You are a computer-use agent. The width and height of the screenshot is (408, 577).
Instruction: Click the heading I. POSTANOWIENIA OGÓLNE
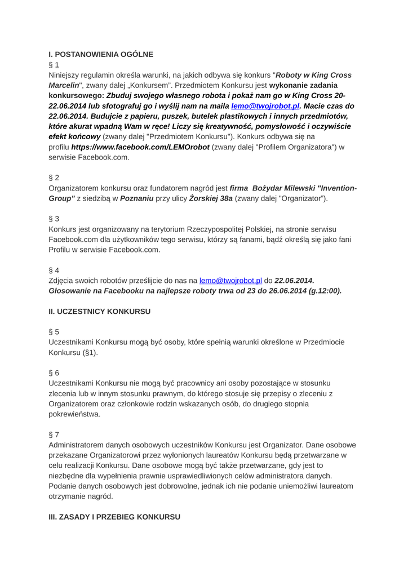(x=101, y=54)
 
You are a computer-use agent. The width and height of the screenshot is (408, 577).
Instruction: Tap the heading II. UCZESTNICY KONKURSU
(x=100, y=310)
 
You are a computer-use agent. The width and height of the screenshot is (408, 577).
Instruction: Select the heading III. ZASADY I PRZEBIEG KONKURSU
(x=114, y=517)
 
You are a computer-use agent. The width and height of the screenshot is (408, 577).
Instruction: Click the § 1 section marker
(x=54, y=65)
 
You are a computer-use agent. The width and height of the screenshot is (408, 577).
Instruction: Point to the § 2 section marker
(x=54, y=177)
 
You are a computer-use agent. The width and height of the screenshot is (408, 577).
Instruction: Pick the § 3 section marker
(x=54, y=218)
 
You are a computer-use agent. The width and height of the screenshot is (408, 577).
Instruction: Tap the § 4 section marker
(x=54, y=270)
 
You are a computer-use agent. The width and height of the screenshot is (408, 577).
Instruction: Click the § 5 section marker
(x=54, y=331)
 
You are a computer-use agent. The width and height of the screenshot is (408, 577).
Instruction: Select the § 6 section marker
(x=54, y=372)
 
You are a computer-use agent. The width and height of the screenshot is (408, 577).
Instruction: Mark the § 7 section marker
(x=54, y=434)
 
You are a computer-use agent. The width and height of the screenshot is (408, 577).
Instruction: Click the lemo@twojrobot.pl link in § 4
(x=230, y=280)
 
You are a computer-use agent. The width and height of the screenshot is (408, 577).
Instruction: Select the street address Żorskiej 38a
(x=210, y=198)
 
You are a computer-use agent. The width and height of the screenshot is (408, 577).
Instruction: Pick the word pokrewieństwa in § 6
(x=75, y=414)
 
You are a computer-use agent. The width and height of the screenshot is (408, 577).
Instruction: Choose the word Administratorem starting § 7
(x=82, y=445)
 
